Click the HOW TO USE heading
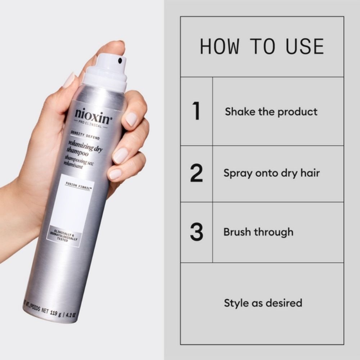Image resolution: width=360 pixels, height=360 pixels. tap(262, 46)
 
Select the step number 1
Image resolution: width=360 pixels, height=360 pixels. tap(196, 111)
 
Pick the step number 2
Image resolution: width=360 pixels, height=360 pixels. tap(196, 173)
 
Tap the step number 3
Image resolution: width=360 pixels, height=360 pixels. tap(196, 232)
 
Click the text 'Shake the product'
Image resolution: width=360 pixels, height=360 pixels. tap(271, 112)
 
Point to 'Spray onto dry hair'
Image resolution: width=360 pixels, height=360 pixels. tap(271, 173)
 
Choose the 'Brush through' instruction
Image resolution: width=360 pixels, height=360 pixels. tap(258, 232)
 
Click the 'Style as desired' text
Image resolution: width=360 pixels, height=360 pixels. tap(263, 303)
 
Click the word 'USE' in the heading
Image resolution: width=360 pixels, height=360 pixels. tap(305, 46)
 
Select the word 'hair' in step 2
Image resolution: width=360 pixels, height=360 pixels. tap(309, 173)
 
